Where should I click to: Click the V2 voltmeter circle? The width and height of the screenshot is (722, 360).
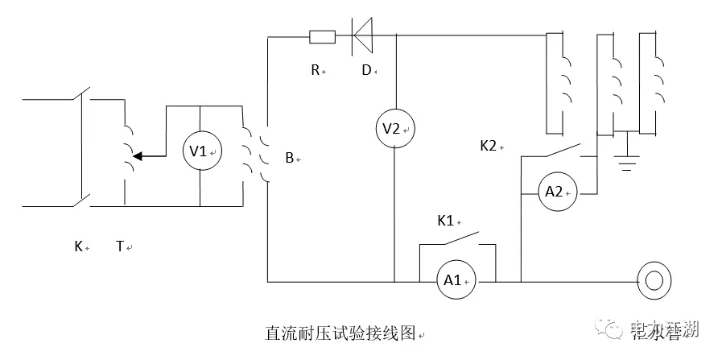[394, 128]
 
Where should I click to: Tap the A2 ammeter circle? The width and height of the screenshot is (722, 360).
[557, 192]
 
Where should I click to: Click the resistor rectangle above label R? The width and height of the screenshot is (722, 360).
[323, 36]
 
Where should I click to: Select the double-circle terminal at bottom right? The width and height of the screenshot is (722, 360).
[651, 280]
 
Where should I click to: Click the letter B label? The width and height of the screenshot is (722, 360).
[289, 158]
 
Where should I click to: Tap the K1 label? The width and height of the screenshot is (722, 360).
[445, 220]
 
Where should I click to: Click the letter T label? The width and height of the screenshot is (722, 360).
[120, 246]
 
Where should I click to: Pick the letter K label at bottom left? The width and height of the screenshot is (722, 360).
[78, 246]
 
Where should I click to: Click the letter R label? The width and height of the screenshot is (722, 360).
[316, 70]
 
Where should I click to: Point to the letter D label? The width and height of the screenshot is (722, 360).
[365, 70]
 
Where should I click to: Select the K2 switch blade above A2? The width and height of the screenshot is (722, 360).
[562, 151]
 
